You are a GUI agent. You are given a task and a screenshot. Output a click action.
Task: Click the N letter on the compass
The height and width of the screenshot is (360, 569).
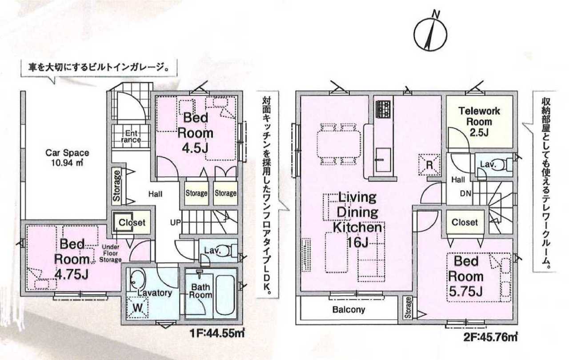click(x=436, y=14)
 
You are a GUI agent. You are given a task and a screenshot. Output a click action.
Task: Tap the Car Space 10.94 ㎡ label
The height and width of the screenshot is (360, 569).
click(x=67, y=158)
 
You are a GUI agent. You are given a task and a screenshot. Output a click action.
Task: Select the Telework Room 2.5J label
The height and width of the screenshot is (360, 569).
click(x=479, y=122)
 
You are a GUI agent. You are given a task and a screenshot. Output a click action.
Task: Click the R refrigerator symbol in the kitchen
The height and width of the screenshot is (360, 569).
click(x=429, y=165)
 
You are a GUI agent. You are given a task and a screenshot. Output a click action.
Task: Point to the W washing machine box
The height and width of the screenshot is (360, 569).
click(x=137, y=308)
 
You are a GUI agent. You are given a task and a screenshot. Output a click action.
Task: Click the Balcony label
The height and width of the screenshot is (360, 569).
click(x=349, y=310)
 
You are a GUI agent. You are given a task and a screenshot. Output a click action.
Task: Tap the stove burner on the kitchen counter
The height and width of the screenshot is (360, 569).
click(x=383, y=109)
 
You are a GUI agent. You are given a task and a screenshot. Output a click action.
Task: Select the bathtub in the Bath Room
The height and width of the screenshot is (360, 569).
click(x=225, y=295)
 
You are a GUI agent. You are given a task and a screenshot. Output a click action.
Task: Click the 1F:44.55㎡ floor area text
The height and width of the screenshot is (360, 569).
click(x=217, y=333)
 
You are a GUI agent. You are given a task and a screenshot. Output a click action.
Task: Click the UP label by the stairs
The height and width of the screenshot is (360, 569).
click(x=175, y=223)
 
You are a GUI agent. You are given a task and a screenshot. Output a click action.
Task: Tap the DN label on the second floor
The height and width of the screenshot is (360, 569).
click(x=465, y=194)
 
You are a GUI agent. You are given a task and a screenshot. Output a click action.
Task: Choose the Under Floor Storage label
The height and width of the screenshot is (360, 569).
click(x=111, y=253)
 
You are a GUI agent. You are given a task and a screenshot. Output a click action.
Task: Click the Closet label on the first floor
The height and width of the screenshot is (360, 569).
click(x=132, y=223)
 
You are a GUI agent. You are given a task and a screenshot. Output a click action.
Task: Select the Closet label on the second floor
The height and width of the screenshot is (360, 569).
click(x=465, y=222)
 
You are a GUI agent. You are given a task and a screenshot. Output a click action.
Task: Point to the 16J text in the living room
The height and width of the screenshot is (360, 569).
click(x=357, y=243)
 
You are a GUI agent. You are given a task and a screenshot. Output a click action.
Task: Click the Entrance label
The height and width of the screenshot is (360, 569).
click(x=131, y=136)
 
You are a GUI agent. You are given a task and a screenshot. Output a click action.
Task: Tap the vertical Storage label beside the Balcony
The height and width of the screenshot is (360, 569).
click(x=408, y=308)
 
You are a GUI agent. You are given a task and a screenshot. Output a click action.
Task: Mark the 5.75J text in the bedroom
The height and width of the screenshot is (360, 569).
click(x=465, y=291)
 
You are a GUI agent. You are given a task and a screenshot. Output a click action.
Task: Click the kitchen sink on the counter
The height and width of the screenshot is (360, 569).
click(x=383, y=160)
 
